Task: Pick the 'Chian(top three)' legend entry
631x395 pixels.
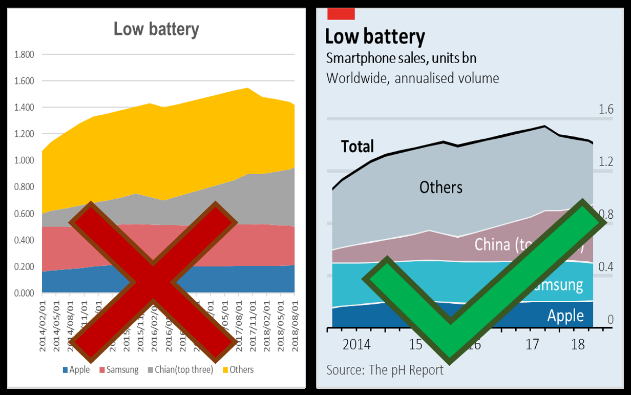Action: tap(180, 369)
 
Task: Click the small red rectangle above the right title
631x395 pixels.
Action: tap(341, 14)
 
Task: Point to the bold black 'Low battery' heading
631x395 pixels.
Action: tap(375, 37)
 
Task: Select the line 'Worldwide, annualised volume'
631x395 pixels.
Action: tap(412, 78)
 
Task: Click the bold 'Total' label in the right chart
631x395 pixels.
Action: tap(357, 147)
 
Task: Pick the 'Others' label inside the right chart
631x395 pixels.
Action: tap(440, 188)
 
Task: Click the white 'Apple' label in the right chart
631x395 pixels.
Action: tap(565, 316)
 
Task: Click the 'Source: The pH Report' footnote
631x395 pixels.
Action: tap(385, 370)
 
